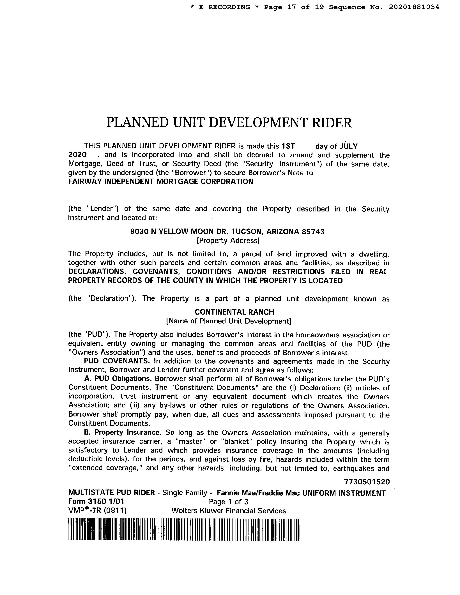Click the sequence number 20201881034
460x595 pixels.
(414, 7)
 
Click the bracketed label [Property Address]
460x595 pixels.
(228, 241)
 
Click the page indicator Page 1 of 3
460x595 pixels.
(228, 502)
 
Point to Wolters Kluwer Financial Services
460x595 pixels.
(229, 511)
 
